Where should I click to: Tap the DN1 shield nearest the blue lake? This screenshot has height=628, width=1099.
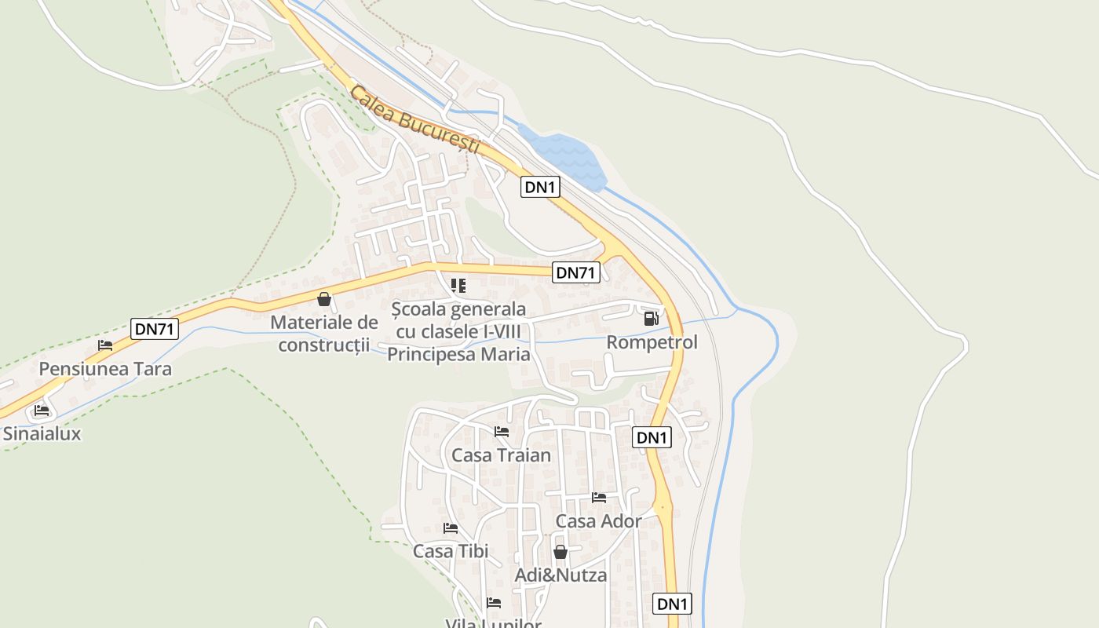[541, 187]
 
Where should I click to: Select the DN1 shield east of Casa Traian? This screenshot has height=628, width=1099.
[652, 437]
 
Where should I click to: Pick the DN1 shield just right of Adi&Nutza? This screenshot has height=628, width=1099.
[673, 604]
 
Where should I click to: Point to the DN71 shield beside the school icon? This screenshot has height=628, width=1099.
[576, 272]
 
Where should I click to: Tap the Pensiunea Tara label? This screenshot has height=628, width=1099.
[105, 369]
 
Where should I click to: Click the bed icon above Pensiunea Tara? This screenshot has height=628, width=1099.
[105, 345]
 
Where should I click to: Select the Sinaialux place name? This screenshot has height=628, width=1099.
[42, 433]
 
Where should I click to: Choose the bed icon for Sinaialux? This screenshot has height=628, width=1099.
[42, 411]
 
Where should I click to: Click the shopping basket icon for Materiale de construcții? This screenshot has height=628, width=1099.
[323, 299]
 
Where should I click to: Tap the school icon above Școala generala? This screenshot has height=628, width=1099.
[458, 286]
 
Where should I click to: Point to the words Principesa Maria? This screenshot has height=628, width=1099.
[459, 355]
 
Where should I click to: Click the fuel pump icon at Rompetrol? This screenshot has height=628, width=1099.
[651, 319]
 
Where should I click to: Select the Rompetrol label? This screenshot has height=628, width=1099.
[652, 343]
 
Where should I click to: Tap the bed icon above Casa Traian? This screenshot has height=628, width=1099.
[501, 432]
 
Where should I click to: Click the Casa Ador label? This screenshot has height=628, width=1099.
[598, 521]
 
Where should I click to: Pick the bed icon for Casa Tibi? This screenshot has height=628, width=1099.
[451, 528]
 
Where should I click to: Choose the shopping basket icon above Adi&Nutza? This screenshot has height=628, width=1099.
[560, 553]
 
